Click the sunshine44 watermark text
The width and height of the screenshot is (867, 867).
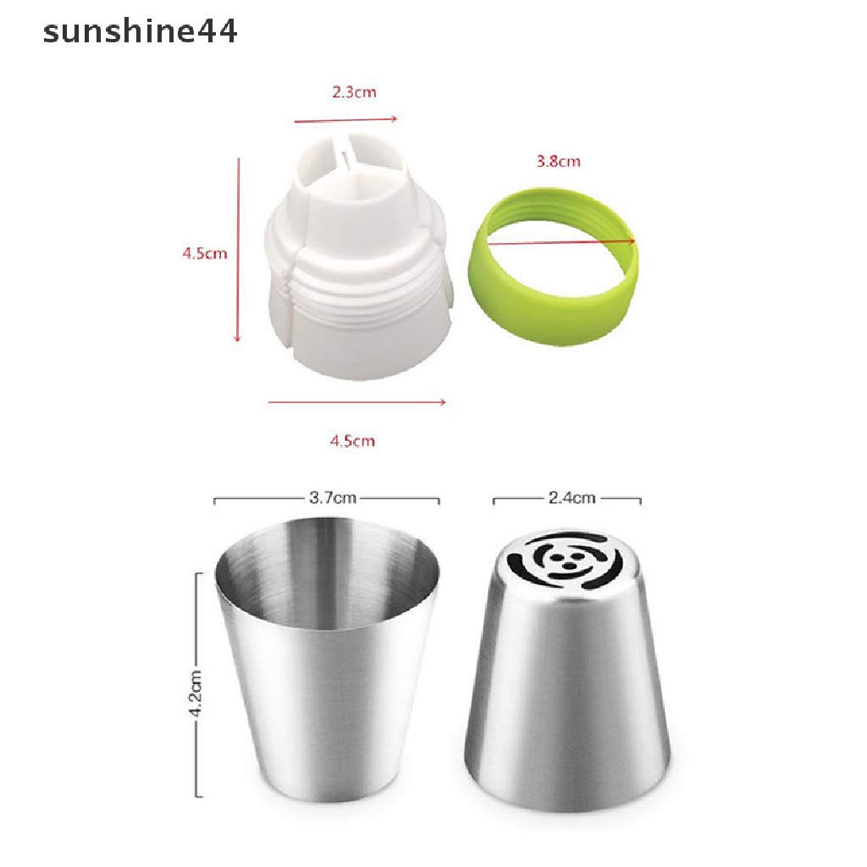(x=140, y=31)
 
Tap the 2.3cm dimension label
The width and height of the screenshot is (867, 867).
(x=355, y=91)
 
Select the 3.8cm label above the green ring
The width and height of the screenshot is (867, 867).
(x=559, y=162)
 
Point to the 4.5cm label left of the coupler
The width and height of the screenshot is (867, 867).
(x=205, y=253)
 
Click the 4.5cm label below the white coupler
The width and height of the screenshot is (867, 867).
(x=353, y=440)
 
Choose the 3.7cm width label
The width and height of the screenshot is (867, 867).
(x=332, y=498)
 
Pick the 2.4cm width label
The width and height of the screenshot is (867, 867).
(x=572, y=498)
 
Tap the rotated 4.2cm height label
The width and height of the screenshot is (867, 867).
(x=196, y=693)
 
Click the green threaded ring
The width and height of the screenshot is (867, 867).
(x=553, y=267)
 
